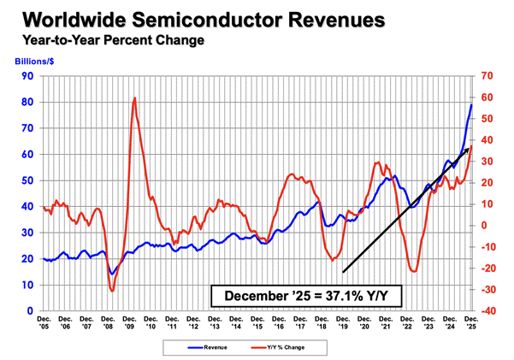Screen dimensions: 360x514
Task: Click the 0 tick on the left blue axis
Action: point(30,310)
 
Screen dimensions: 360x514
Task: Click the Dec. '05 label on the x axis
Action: point(43,324)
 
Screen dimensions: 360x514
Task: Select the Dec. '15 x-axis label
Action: point(258,324)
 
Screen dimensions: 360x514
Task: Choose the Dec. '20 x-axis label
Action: point(366,324)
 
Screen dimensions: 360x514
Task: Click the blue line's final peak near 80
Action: point(472,104)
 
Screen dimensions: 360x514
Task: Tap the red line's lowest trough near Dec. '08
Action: point(113,291)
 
